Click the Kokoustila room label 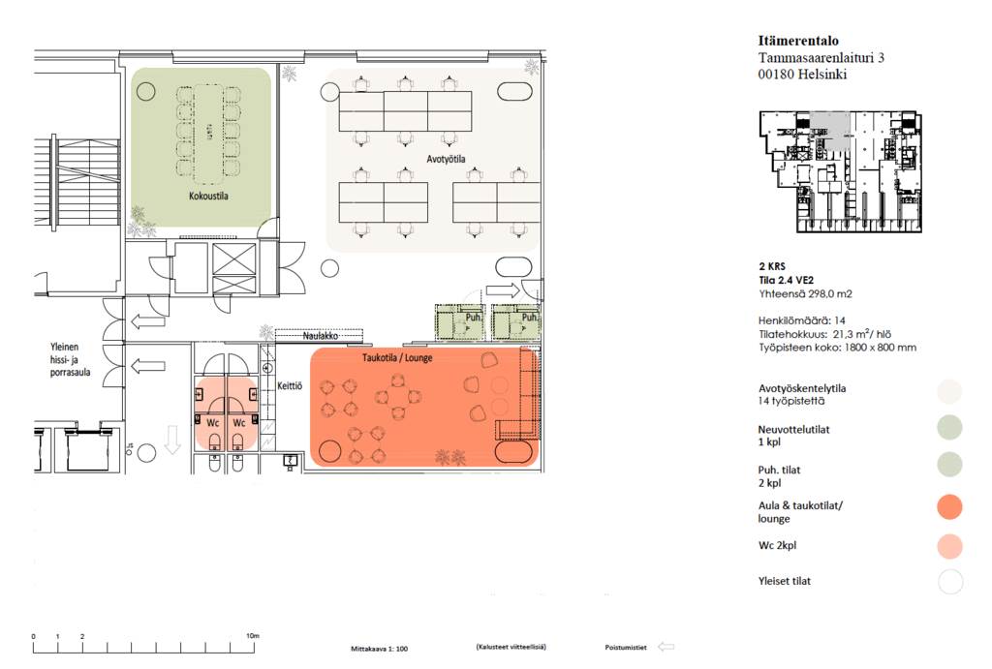pyautogui.click(x=208, y=196)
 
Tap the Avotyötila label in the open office pyautogui.click(x=446, y=159)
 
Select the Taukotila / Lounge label pyautogui.click(x=397, y=358)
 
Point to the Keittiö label pyautogui.click(x=290, y=385)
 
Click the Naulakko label pyautogui.click(x=320, y=336)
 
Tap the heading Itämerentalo pyautogui.click(x=798, y=41)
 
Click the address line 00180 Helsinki pyautogui.click(x=802, y=74)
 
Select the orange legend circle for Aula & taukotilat pyautogui.click(x=949, y=506)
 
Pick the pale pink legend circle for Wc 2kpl pyautogui.click(x=949, y=546)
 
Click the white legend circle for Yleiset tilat pyautogui.click(x=949, y=582)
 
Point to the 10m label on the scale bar pyautogui.click(x=253, y=635)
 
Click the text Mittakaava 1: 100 pyautogui.click(x=380, y=648)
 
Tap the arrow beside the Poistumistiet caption pyautogui.click(x=666, y=647)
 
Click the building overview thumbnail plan pyautogui.click(x=840, y=171)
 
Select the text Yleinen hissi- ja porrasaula pyautogui.click(x=70, y=359)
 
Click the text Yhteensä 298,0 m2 pyautogui.click(x=805, y=294)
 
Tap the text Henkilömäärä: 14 pyautogui.click(x=801, y=320)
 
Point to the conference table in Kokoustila pyautogui.click(x=208, y=132)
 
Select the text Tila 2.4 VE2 pyautogui.click(x=787, y=280)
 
